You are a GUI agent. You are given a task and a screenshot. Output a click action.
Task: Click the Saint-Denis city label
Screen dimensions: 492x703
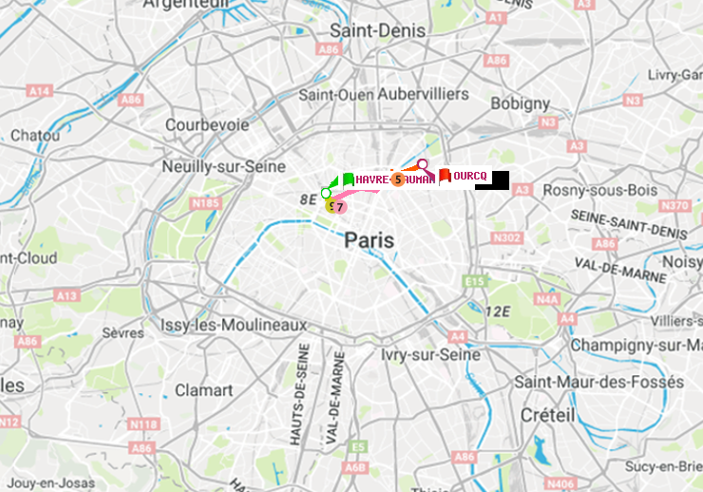tap(377, 30)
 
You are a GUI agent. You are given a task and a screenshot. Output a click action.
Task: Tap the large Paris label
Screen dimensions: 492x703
tap(370, 240)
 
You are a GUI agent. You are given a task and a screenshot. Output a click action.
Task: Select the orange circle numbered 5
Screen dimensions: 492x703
tap(398, 180)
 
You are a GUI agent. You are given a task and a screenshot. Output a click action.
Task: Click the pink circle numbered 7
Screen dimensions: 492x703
tap(339, 206)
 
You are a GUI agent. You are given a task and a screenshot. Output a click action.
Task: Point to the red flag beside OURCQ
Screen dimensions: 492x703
tap(445, 176)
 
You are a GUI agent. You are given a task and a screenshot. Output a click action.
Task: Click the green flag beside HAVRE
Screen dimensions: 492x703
tap(348, 179)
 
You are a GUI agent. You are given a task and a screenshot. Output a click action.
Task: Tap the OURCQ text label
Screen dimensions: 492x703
tap(469, 177)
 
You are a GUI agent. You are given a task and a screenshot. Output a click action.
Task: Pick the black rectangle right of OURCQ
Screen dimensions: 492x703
tap(492, 180)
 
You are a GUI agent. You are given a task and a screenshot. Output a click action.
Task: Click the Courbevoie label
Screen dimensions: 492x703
tap(207, 124)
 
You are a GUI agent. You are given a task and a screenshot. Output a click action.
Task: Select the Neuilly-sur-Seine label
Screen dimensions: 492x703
tap(224, 165)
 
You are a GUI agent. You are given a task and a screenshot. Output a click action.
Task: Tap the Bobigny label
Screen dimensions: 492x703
tap(520, 103)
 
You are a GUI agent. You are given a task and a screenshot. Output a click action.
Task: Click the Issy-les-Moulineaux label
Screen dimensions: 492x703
tap(234, 325)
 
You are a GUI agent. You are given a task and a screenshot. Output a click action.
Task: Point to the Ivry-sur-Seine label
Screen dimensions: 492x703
tap(430, 354)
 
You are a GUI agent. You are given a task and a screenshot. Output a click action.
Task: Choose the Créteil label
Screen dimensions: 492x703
tap(547, 415)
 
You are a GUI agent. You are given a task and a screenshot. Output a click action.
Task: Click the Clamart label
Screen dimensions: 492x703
tap(203, 389)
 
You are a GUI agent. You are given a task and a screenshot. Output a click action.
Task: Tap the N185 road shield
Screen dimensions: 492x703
tap(206, 202)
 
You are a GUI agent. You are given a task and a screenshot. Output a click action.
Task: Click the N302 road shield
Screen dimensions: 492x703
tap(508, 237)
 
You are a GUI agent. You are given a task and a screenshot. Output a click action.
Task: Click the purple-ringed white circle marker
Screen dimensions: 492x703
tap(423, 164)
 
